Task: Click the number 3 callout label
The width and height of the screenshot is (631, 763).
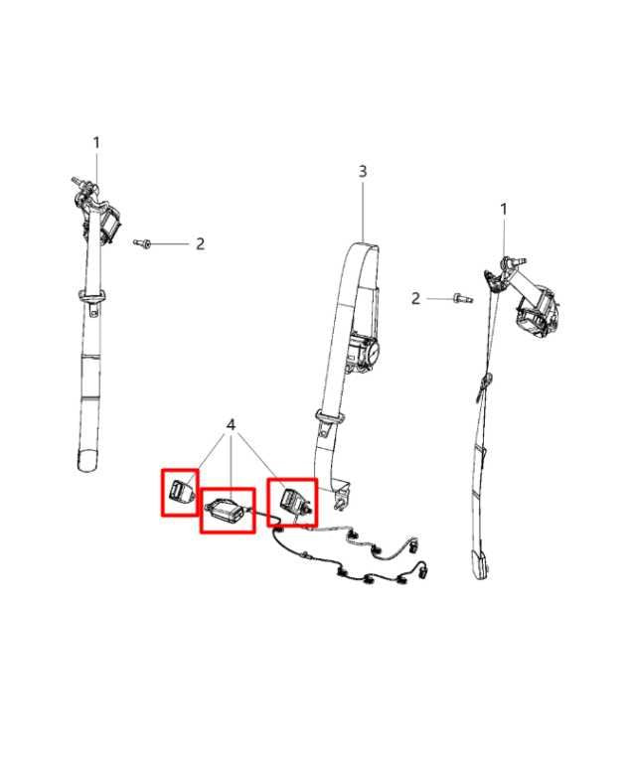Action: click(x=363, y=171)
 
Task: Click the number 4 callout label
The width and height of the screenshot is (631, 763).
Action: click(x=231, y=425)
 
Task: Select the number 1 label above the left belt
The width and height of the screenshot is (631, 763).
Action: click(x=96, y=143)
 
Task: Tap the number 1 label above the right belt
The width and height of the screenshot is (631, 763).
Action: click(x=504, y=210)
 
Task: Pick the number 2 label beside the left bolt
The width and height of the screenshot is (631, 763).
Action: click(x=200, y=243)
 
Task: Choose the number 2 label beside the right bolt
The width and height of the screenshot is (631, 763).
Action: click(x=415, y=298)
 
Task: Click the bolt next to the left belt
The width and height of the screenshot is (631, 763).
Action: click(x=142, y=242)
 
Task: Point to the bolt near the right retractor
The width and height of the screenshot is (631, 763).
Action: click(x=462, y=298)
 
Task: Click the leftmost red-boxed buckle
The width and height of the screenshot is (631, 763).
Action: click(x=180, y=491)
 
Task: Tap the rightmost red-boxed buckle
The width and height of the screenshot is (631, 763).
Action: click(x=293, y=501)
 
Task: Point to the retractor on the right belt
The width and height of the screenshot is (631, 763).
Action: click(x=535, y=311)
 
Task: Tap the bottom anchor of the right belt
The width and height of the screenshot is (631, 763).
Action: click(x=481, y=563)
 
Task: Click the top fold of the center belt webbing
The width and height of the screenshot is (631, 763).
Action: click(x=364, y=246)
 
